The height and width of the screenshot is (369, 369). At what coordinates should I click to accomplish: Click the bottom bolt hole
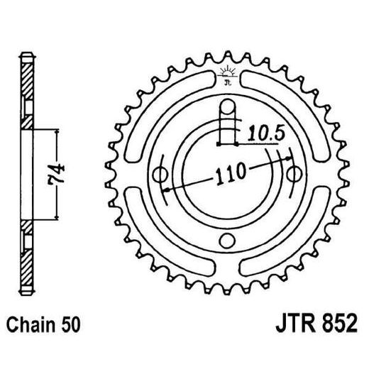227,240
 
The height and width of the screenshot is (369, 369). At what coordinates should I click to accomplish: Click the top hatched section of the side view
26,92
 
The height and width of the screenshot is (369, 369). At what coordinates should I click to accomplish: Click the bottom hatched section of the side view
26,255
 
